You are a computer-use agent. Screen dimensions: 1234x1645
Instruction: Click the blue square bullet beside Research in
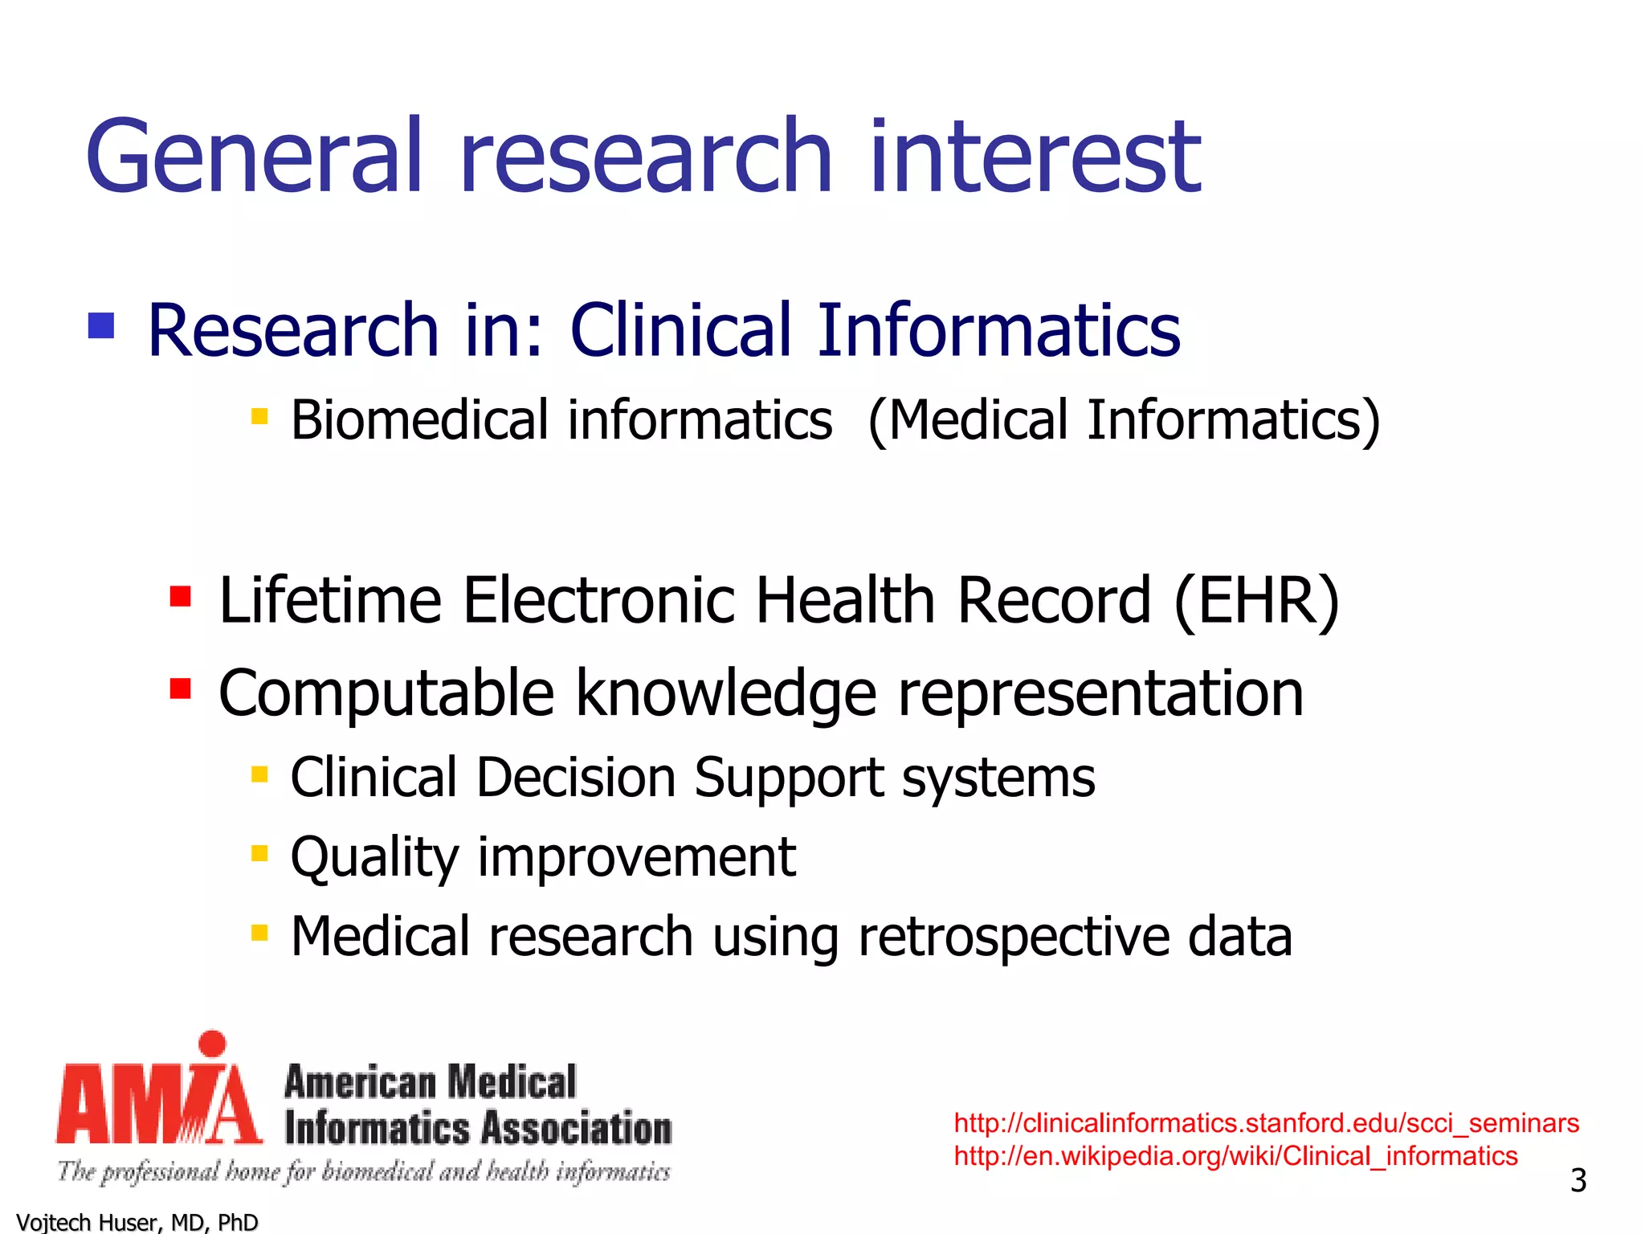[x=101, y=326]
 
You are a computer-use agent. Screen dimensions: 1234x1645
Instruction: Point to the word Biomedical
[x=419, y=420]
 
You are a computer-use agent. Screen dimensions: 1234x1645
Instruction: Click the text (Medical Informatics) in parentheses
[x=1124, y=420]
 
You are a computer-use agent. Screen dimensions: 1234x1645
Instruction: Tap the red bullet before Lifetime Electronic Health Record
[x=181, y=597]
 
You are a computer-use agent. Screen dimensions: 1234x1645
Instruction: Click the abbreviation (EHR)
[x=1256, y=600]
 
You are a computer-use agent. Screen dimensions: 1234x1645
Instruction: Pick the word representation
[x=1100, y=693]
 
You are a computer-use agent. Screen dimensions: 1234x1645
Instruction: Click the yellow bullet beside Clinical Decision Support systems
[x=259, y=774]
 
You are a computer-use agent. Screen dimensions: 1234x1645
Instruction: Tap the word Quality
[x=373, y=858]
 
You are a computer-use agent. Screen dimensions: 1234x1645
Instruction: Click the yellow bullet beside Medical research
[x=259, y=933]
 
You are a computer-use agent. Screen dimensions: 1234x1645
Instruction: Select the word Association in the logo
[x=577, y=1129]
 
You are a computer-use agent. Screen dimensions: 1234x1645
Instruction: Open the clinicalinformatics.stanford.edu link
[x=1266, y=1122]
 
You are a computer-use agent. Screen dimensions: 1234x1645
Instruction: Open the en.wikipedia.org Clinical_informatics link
[x=1235, y=1156]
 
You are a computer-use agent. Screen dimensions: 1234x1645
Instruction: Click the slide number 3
[x=1578, y=1180]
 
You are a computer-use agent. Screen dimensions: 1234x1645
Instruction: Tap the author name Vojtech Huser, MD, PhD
[x=137, y=1222]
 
